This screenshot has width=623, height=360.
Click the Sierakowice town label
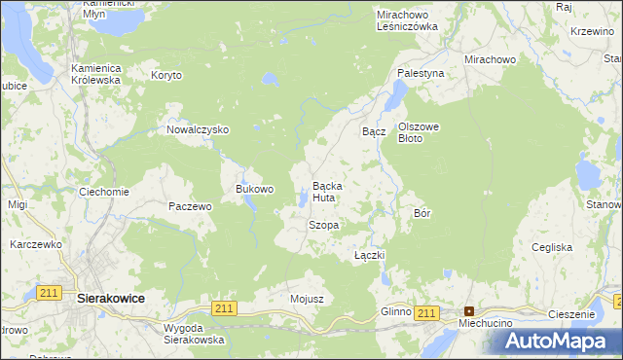110,302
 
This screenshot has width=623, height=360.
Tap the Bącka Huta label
324,192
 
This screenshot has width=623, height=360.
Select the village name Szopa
323,225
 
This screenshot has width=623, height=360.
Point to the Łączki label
370,255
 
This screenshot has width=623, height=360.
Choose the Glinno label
396,311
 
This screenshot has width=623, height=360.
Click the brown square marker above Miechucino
468,311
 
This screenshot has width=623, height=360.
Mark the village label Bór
422,212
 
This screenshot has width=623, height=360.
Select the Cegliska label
551,247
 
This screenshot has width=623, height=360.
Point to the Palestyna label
421,73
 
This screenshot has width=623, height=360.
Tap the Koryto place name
166,75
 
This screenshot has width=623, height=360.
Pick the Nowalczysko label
197,129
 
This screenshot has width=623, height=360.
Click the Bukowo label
255,189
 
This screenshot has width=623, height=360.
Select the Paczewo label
190,206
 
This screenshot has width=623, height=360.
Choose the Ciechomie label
104,192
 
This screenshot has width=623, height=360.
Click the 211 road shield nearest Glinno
425,312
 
